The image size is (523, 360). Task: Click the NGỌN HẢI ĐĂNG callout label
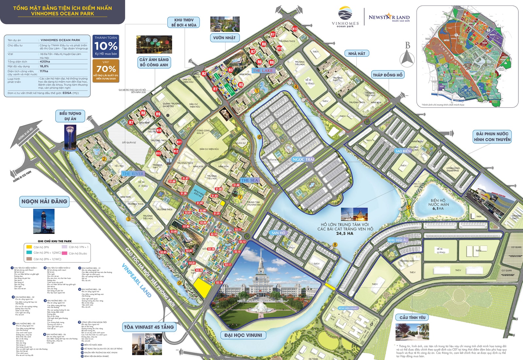(x=44, y=201)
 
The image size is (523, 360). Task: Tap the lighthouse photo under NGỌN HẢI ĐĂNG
(x=44, y=221)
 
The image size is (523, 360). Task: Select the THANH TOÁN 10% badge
(x=106, y=46)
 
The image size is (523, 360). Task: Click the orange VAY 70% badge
(x=106, y=70)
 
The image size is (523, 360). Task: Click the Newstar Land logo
(x=389, y=18)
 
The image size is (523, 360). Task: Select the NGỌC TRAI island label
(x=303, y=160)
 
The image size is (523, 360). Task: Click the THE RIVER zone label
(x=133, y=174)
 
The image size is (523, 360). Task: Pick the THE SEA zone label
(x=249, y=180)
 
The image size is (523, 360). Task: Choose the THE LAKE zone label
(x=262, y=71)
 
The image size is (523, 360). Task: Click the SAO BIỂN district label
(x=403, y=151)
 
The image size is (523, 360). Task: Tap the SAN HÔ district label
(x=278, y=233)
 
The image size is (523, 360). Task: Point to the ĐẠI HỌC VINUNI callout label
(x=243, y=335)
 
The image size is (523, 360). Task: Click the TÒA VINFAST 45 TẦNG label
(x=149, y=327)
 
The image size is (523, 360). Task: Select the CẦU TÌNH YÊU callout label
(x=413, y=317)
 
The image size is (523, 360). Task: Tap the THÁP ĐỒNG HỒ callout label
(x=388, y=75)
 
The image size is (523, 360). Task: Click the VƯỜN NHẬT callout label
(x=224, y=38)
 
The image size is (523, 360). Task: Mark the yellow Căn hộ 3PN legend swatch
(x=29, y=247)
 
